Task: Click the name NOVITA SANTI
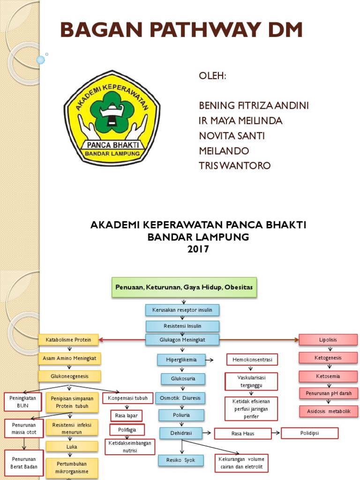point(232,135)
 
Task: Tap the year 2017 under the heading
point(198,249)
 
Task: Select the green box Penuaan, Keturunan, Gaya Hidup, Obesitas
point(185,286)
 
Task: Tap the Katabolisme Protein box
point(68,339)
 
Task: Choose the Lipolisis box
point(328,339)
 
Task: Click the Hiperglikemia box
point(180,360)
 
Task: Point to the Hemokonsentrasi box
point(252,360)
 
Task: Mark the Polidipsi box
point(309,433)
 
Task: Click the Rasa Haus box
point(242,434)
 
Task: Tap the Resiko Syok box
point(181,460)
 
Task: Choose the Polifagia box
point(127,429)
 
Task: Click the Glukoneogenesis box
point(69,376)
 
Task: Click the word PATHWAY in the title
point(181,30)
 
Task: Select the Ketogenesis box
point(328,358)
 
